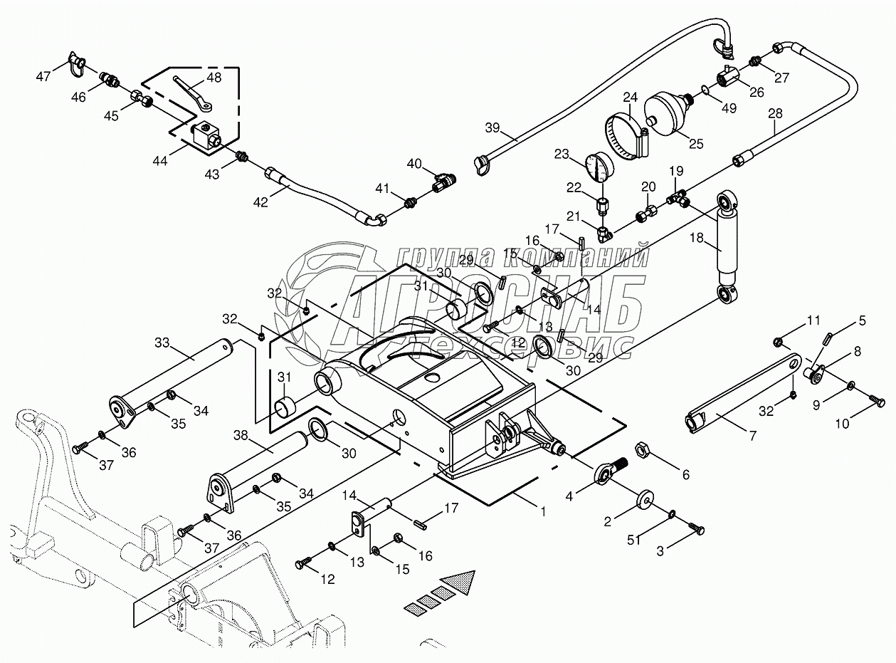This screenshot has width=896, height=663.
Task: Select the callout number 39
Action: coord(492,128)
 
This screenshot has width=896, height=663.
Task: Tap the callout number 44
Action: coord(159,162)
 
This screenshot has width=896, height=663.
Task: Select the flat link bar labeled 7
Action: coord(744,389)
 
